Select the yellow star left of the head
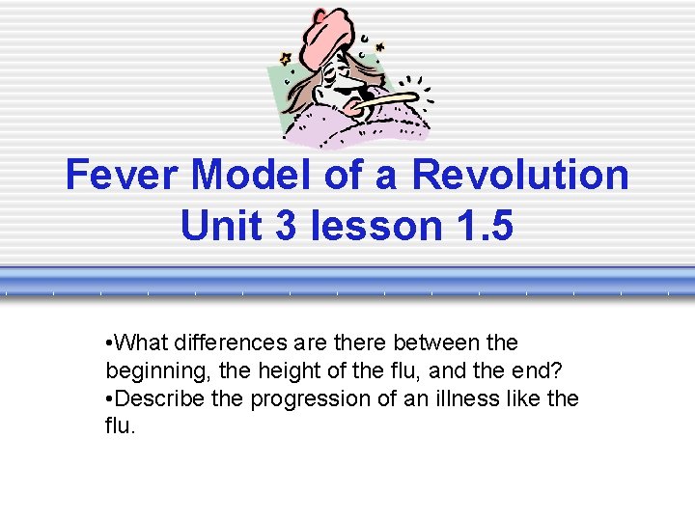(x=285, y=59)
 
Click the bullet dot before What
(x=109, y=343)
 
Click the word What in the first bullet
(x=138, y=343)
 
